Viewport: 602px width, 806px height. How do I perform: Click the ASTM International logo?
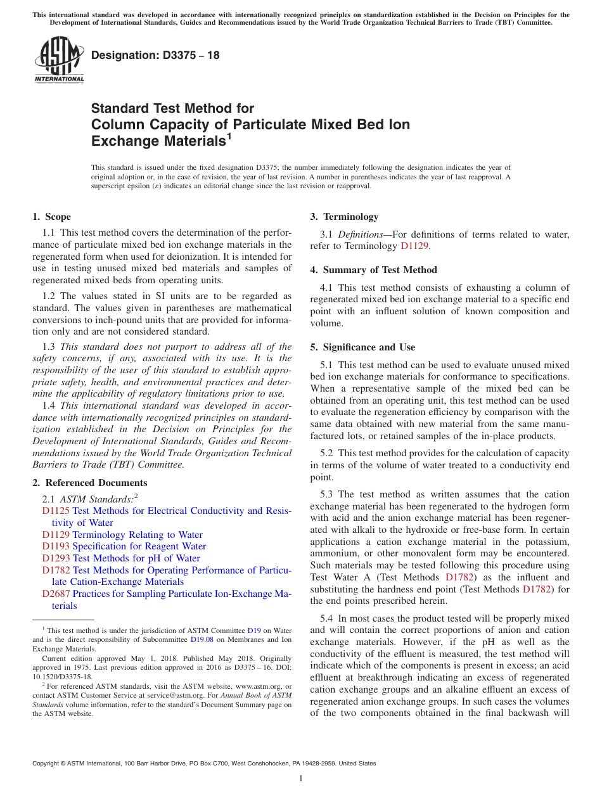click(58, 61)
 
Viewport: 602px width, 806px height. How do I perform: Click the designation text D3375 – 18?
click(155, 55)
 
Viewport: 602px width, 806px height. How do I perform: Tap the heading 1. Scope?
click(51, 217)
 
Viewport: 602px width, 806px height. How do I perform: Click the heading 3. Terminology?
click(344, 217)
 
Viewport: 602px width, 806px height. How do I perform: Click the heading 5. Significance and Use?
click(362, 347)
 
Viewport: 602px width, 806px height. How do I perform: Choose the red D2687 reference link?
click(56, 594)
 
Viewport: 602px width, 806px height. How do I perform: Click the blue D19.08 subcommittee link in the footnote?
click(201, 639)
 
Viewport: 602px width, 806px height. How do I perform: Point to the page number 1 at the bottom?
click(301, 779)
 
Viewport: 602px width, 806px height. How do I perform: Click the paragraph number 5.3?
click(328, 494)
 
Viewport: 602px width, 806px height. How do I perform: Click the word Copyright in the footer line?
click(48, 764)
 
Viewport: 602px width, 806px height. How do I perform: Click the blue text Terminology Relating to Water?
click(138, 535)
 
